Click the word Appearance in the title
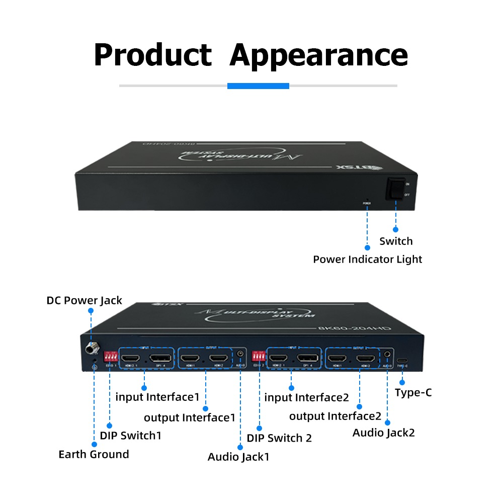pos(318,55)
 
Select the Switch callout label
pos(396,241)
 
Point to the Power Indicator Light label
pos(367,260)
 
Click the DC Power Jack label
pos(85,301)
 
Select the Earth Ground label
pos(94,455)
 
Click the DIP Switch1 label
pos(131,436)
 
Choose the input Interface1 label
pos(157,397)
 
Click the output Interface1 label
pos(190,418)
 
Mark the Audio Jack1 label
pos(239,457)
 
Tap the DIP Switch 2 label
pos(279,438)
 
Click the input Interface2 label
pos(306,398)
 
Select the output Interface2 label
pos(336,416)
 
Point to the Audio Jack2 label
pos(383,433)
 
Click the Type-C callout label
pos(413,393)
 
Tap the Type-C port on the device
pos(402,361)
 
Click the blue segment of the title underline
pos(258,86)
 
